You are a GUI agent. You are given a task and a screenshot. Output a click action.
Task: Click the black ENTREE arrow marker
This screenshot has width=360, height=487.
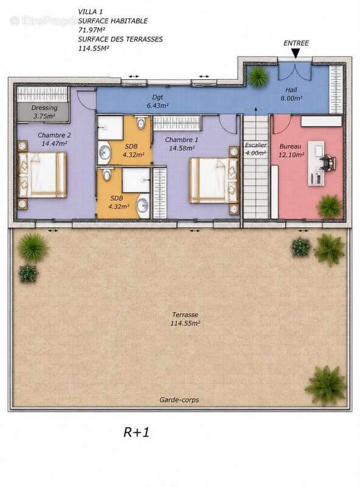pos(296,54)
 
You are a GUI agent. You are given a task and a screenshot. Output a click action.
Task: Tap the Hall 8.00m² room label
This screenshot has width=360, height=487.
pos(292,94)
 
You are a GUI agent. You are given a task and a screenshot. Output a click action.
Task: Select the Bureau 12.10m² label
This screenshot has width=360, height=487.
pos(291,150)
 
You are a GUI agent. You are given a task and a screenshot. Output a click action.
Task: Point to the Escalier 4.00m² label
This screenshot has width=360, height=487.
pos(256,149)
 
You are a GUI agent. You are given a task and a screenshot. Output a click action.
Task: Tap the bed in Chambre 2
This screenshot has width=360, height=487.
pos(43,175)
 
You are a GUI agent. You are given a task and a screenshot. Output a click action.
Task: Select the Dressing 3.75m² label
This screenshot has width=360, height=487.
pos(44,112)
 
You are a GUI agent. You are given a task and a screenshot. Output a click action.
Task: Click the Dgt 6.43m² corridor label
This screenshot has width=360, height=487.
pos(158,101)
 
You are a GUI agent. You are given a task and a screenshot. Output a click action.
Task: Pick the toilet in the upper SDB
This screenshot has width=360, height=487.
pos(141,122)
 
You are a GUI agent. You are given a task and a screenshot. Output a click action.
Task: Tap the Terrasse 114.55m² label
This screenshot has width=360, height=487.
pos(185,319)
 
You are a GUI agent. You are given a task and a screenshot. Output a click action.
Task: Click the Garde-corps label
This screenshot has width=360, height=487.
pos(179,400)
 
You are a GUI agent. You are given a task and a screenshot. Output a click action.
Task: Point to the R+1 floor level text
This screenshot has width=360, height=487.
pos(136,432)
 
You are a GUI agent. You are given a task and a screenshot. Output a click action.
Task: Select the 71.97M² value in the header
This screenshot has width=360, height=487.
pos(91,30)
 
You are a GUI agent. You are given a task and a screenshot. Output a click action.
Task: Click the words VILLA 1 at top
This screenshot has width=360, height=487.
pos(90,12)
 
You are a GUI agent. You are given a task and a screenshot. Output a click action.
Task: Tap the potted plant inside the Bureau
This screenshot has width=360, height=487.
pos(329,206)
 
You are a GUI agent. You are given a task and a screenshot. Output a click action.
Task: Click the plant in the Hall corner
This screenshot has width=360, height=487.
pos(258,77)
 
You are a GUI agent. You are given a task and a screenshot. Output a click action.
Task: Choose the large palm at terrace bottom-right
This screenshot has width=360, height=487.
pos(326,385)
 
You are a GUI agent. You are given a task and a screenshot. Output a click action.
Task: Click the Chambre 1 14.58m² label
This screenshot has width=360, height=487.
pos(182,144)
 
